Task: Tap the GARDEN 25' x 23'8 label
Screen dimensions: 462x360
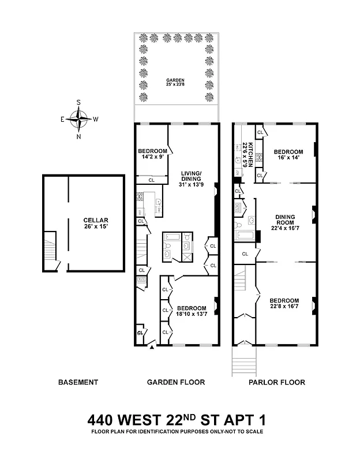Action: tap(175, 82)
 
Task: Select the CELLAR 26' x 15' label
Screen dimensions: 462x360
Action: tap(95, 223)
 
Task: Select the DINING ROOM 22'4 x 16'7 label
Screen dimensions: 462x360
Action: tap(284, 223)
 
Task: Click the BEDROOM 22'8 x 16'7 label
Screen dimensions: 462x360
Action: tap(284, 304)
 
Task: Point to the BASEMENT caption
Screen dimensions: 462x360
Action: tap(78, 382)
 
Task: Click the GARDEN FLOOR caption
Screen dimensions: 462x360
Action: tap(176, 382)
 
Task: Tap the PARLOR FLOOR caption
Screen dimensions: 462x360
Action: tap(277, 382)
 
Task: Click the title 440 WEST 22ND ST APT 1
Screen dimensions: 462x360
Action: tap(179, 418)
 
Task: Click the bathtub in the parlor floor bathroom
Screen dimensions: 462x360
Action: tap(243, 235)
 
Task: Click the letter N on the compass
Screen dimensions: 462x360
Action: tap(79, 137)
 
